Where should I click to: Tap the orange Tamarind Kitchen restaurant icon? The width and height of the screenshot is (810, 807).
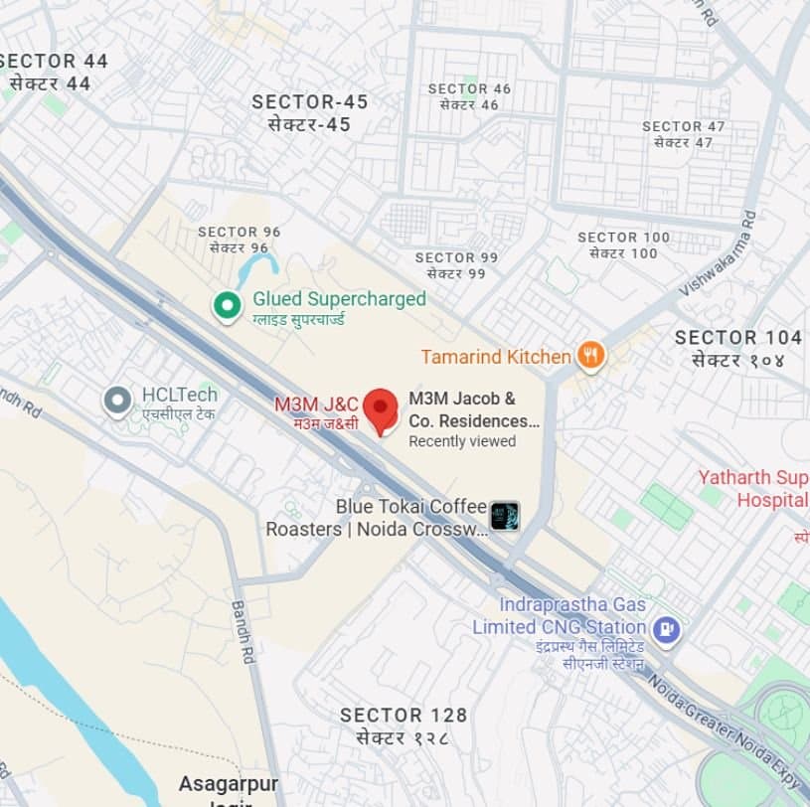pos(591,356)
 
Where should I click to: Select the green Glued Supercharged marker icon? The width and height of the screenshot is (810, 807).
pos(229,306)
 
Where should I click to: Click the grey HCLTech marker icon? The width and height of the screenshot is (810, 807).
pos(118,402)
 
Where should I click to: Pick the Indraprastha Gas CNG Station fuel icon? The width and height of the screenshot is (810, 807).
pos(667,628)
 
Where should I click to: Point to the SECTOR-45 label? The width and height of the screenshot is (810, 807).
pos(309,102)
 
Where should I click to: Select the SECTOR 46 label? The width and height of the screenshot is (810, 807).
pos(469,89)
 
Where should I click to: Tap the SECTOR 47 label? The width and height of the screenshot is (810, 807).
pos(684,127)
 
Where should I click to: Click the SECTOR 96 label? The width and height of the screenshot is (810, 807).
pos(240,233)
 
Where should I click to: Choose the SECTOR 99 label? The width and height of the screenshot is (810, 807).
pos(456,258)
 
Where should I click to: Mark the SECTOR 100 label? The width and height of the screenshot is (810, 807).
pos(623,238)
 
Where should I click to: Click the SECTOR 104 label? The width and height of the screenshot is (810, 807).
pos(737,338)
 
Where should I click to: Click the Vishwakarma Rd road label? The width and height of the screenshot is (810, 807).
pos(718,252)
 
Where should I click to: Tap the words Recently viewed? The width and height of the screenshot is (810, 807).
pos(462,441)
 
